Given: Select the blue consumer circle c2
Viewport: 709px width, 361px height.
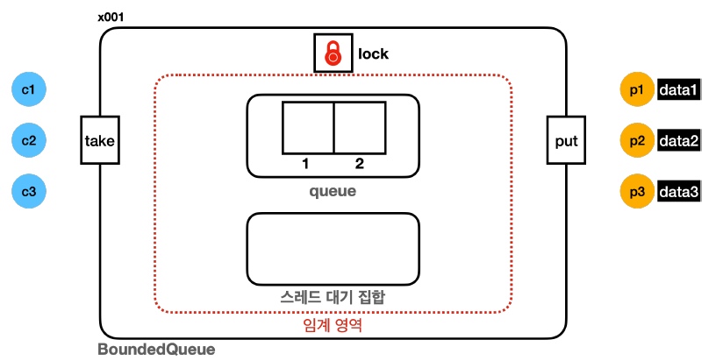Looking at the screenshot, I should click(28, 139).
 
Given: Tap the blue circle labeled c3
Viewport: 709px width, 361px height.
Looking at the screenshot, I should click(28, 190).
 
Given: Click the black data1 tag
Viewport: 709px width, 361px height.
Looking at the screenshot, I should click(679, 89).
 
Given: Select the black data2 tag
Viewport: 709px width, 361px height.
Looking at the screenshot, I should click(679, 140).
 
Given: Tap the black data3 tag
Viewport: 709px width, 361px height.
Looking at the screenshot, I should click(679, 191).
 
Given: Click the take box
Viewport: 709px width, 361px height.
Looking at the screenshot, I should click(99, 139).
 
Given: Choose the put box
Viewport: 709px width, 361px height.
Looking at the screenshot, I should click(566, 139).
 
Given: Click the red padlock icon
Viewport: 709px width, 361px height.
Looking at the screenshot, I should click(333, 53).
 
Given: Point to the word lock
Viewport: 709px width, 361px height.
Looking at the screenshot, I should click(373, 54).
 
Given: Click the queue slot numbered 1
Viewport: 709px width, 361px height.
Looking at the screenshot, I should click(307, 129).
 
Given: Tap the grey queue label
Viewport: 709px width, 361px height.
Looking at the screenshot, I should click(333, 190).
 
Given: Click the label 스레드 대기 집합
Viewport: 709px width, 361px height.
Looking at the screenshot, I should click(333, 298).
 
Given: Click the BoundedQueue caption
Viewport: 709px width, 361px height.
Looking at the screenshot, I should click(155, 349).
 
